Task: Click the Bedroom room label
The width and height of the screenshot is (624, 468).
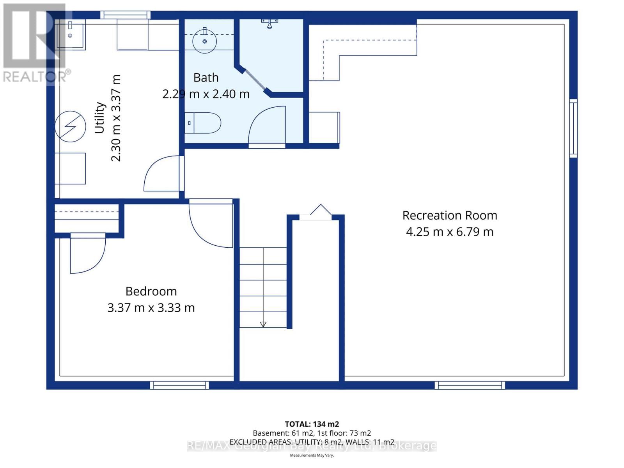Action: coord(151,291)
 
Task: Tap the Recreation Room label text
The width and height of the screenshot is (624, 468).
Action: coord(449,215)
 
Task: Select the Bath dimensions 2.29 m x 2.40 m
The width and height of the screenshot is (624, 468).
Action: coord(206,94)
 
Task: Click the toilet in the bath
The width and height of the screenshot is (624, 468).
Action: coord(203,123)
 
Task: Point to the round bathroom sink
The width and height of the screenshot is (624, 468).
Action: coord(204,41)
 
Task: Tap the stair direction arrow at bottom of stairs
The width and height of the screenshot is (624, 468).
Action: coord(263,324)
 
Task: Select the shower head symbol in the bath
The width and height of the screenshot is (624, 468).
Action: coord(269,23)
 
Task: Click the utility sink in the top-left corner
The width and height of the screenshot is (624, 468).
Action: coord(70,34)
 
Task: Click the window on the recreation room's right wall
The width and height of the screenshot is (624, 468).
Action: coord(573,128)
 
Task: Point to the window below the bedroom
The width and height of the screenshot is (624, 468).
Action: coord(179,385)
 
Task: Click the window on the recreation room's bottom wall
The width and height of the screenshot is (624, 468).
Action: coord(470,385)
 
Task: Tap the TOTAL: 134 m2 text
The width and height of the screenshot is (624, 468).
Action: coord(312,424)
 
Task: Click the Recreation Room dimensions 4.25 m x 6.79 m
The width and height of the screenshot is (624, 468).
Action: coord(449,232)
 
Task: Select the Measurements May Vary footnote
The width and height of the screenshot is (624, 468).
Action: coord(312,456)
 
